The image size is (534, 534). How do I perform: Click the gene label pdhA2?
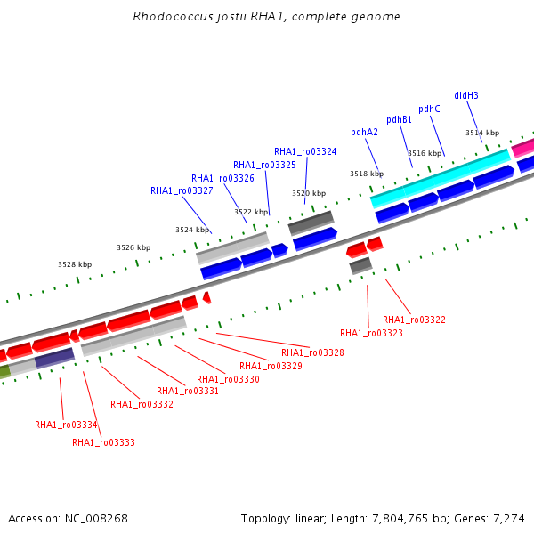click(x=364, y=132)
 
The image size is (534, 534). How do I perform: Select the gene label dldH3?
click(x=466, y=95)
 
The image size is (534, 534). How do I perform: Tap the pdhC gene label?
click(x=429, y=109)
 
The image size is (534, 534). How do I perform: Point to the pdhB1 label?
click(x=399, y=120)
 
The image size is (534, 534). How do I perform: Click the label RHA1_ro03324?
click(x=305, y=151)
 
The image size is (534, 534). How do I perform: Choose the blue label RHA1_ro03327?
click(x=182, y=190)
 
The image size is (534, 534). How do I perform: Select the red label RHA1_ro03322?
click(x=414, y=320)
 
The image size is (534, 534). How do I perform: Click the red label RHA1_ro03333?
click(x=103, y=442)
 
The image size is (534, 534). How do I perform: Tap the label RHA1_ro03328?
click(x=312, y=352)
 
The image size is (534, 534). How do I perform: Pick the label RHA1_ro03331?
click(x=188, y=391)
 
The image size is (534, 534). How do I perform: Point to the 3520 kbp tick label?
click(x=309, y=193)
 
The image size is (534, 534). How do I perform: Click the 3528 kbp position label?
click(x=75, y=264)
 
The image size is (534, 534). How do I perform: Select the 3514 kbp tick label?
click(x=482, y=133)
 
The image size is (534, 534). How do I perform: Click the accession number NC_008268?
click(x=96, y=519)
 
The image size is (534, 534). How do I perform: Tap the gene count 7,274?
click(x=509, y=519)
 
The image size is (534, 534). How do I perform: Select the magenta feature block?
click(x=523, y=148)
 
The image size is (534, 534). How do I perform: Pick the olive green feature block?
click(x=4, y=371)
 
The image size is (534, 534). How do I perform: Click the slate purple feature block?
click(x=54, y=359)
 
